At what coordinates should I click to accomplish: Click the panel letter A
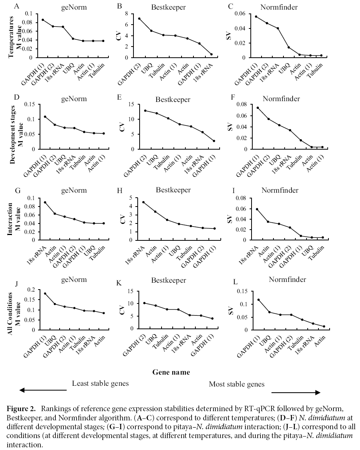(16, 7)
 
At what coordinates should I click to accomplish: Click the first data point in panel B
(139, 18)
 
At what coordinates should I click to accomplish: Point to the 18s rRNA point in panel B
(212, 54)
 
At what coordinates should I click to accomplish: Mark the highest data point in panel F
(258, 108)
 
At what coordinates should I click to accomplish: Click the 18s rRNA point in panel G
(45, 202)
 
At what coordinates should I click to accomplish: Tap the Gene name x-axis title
(171, 372)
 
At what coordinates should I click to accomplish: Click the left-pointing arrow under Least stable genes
(43, 391)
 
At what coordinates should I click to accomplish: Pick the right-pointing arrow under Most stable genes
(296, 393)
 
